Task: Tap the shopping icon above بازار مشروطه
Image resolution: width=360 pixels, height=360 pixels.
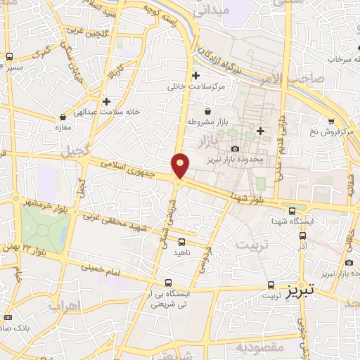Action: tap(207, 111)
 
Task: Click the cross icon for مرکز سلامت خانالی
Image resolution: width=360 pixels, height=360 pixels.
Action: tap(195, 75)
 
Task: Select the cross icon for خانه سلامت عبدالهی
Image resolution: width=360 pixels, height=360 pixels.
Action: tap(105, 101)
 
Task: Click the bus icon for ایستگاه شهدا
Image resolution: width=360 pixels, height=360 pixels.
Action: tap(292, 210)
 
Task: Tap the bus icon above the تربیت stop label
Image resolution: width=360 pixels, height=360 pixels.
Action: tap(271, 285)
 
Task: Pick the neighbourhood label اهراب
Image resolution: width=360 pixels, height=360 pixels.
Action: tap(66, 307)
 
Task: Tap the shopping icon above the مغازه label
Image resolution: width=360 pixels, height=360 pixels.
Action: tap(63, 117)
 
